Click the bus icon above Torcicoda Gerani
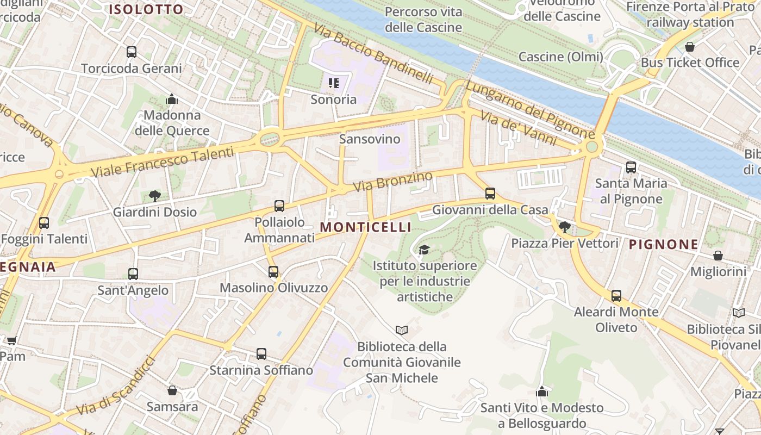(x=132, y=52)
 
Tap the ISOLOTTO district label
(x=146, y=10)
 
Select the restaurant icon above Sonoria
(x=334, y=83)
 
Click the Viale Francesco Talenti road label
(x=163, y=161)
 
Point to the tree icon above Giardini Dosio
(x=155, y=196)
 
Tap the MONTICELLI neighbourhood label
(x=365, y=227)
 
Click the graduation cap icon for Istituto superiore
(x=424, y=250)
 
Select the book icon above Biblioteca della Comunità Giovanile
(x=402, y=330)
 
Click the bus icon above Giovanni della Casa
(x=490, y=193)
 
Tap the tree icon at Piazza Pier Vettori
(x=565, y=227)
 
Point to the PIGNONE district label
(x=663, y=245)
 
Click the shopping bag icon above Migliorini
(x=718, y=256)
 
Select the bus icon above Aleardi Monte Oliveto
(x=616, y=296)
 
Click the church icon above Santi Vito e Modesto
(x=541, y=391)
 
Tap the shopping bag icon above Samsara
(x=172, y=390)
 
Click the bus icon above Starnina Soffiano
(x=261, y=354)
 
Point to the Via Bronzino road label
(x=393, y=181)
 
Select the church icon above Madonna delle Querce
(x=172, y=99)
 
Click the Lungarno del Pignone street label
(x=530, y=110)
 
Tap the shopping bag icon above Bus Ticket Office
(x=690, y=47)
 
